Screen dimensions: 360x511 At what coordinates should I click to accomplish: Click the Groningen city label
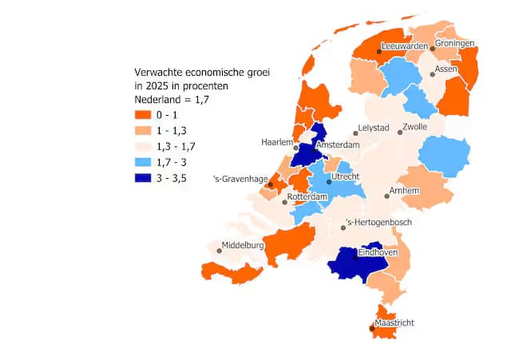tap(454, 43)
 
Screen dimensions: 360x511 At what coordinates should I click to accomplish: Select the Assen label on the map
tap(446, 69)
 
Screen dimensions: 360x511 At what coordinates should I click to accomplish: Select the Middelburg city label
tap(243, 245)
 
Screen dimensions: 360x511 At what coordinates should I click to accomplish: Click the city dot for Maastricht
tap(371, 328)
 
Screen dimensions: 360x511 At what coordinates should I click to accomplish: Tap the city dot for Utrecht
tap(328, 181)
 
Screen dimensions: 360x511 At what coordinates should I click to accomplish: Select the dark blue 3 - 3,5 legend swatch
tap(143, 177)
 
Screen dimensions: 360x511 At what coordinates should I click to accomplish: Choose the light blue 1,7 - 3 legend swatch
tap(143, 162)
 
